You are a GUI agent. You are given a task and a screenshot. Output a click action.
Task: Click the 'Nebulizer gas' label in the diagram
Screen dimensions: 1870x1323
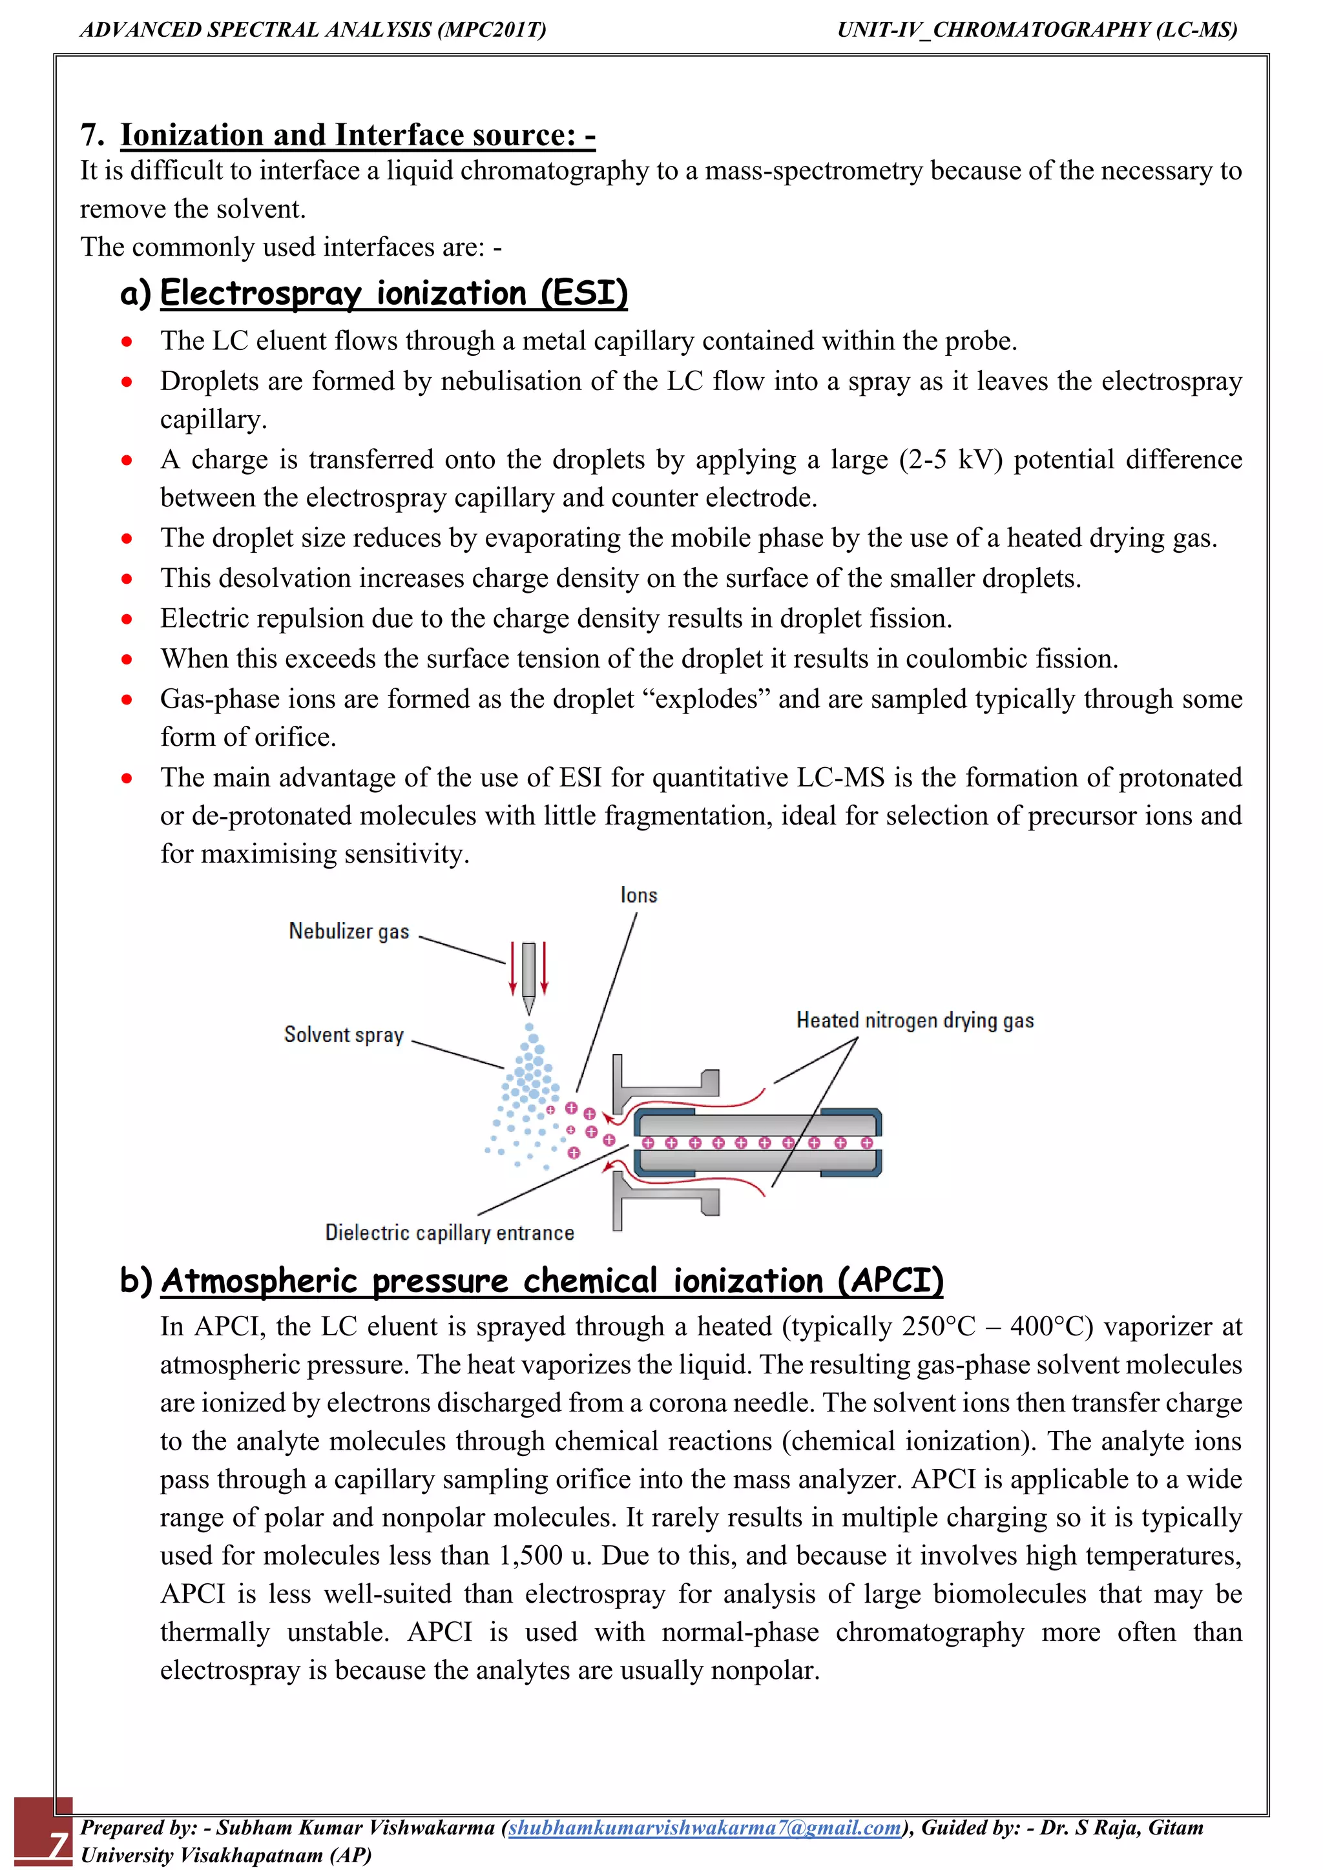tap(349, 931)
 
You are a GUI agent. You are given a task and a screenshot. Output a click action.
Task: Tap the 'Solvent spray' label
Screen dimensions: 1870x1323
tap(344, 1034)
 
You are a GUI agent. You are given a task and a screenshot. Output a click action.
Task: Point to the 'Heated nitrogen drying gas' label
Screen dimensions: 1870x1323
tap(914, 1020)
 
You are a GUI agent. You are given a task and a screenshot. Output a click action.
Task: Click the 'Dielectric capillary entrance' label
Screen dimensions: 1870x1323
tap(449, 1232)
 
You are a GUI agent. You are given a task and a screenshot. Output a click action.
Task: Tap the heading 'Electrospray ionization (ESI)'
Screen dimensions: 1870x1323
tap(393, 293)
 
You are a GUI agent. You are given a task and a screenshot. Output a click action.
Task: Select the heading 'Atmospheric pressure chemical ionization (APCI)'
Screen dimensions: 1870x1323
tap(552, 1280)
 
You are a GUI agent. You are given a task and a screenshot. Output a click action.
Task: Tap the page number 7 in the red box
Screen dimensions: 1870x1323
tap(57, 1843)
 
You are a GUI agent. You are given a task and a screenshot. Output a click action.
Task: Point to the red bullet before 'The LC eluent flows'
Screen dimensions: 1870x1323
tap(126, 341)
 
